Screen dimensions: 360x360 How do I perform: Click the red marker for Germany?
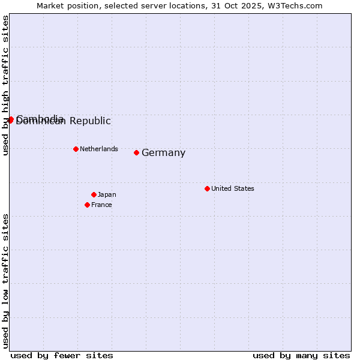pos(137,153)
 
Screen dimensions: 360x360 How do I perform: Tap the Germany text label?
pos(163,153)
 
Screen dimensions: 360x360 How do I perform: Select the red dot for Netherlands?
pos(76,149)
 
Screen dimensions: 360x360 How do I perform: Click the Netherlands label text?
pos(99,149)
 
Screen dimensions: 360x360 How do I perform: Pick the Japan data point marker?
pos(94,194)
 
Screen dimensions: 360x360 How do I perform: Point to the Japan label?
pos(107,194)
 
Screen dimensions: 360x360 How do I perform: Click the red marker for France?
pos(88,205)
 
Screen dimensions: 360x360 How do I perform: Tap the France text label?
pos(101,205)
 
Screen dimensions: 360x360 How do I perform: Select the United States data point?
pos(207,188)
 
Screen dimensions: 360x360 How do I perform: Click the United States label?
pos(233,188)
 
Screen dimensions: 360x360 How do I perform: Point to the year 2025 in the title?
pos(251,5)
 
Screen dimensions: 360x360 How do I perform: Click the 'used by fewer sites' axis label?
pos(62,355)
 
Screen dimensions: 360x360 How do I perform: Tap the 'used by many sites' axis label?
pos(301,355)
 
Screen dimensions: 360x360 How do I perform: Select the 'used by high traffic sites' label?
pos(5,85)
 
